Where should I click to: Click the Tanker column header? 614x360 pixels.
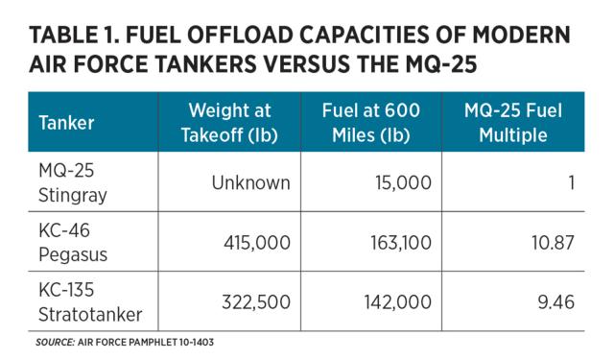coord(64,122)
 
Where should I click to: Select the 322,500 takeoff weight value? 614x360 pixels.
coord(253,302)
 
